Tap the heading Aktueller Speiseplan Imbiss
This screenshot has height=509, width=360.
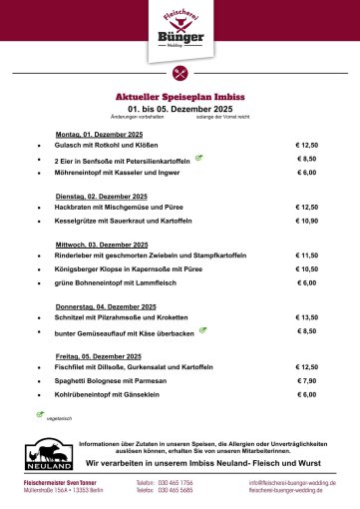(x=180, y=97)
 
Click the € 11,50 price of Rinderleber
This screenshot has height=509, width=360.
(x=306, y=254)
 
